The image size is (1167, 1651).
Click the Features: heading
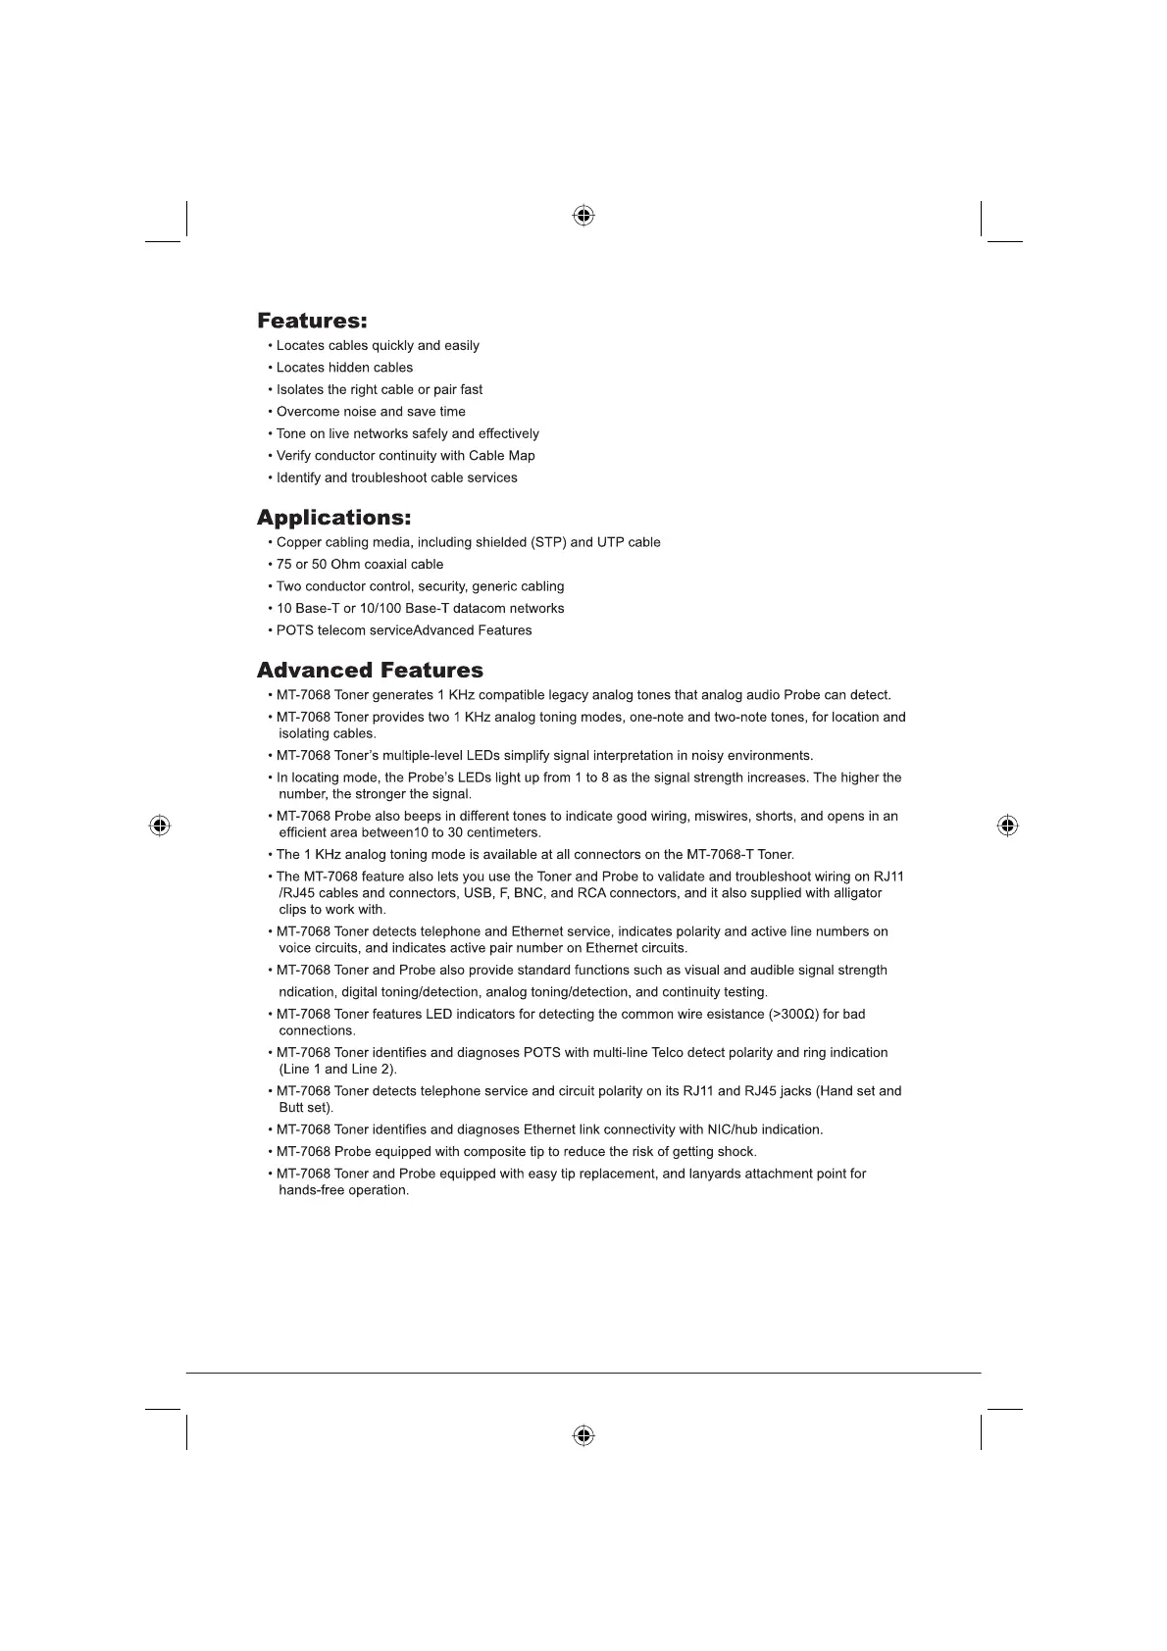point(312,321)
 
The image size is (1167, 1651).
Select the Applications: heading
point(333,517)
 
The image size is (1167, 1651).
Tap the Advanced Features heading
point(370,671)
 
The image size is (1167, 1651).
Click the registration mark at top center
point(583,216)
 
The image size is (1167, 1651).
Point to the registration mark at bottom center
point(583,1435)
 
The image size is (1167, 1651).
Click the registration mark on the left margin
point(160,825)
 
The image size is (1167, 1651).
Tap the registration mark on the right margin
point(1007,825)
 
